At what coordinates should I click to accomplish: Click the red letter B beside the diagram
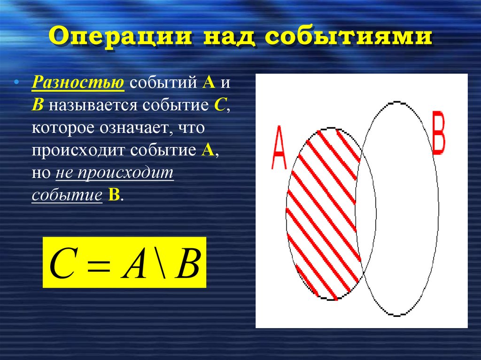[438, 133]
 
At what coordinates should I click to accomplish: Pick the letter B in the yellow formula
[187, 263]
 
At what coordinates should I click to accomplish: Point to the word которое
[62, 128]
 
